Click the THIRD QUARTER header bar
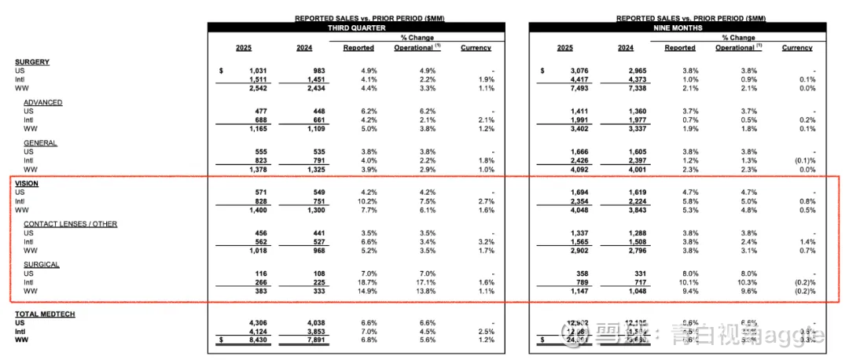(x=356, y=28)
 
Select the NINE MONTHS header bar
(x=678, y=28)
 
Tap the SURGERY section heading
(x=32, y=61)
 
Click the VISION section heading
(x=27, y=183)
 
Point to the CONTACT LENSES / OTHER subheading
(x=70, y=224)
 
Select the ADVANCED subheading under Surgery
(x=42, y=102)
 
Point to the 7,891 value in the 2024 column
(x=300, y=340)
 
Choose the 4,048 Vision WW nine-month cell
(x=568, y=210)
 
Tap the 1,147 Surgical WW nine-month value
(x=568, y=291)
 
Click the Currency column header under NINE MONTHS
(x=797, y=48)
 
